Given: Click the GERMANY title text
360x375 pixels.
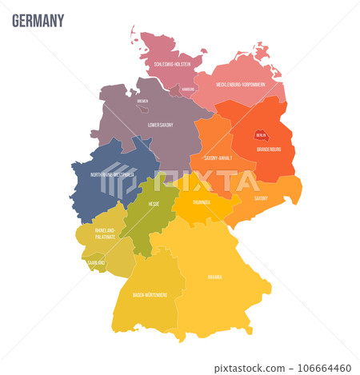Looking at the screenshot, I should pos(38,20).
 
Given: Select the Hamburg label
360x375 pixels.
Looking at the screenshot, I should pos(188,89).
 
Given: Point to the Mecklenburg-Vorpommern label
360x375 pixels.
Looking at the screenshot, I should pos(239,84).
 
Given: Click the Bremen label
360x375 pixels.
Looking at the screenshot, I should pos(142,102).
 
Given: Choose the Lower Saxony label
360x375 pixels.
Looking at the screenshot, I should pos(162,125).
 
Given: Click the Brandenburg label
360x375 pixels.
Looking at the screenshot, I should pos(268,149).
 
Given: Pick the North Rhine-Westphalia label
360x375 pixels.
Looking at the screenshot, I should pos(112,174).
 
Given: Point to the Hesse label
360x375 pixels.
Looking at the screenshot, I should pos(154,204).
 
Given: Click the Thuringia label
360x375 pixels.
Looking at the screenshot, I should pos(201,202).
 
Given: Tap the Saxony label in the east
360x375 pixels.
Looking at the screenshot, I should pos(261,197).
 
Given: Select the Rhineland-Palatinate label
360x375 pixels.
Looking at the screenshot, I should pos(105,232).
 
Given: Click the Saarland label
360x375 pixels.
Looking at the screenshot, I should pos(97,261).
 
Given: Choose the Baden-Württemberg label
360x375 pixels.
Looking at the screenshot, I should pos(150,294).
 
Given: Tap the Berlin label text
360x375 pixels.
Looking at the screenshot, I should pos(261,137).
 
